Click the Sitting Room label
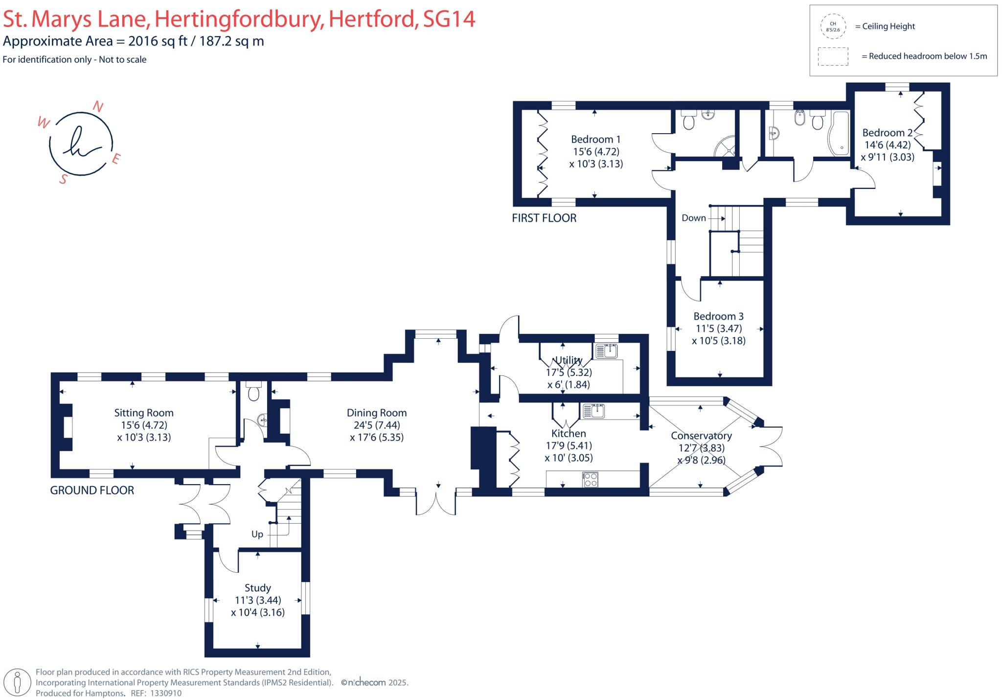click(x=144, y=413)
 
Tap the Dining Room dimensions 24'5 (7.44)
click(x=377, y=425)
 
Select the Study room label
click(x=257, y=588)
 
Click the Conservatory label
click(x=701, y=436)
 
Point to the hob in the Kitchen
click(x=590, y=479)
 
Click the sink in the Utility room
click(x=607, y=351)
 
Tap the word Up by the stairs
click(x=257, y=534)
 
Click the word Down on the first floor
click(x=693, y=218)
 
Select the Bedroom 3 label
click(x=718, y=316)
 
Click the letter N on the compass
click(x=98, y=107)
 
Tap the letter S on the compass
click(x=63, y=179)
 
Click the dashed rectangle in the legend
click(x=833, y=56)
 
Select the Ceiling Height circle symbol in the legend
click(x=833, y=26)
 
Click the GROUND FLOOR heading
click(x=92, y=490)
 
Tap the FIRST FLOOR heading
click(x=544, y=218)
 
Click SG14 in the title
click(x=449, y=20)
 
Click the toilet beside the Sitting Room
click(x=253, y=392)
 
